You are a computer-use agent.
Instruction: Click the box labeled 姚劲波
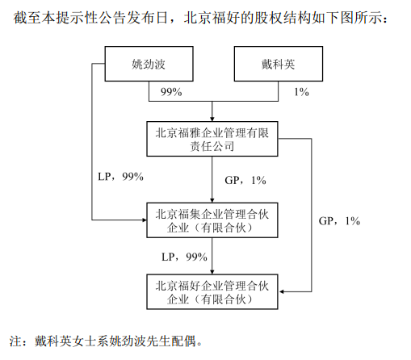tap(149, 64)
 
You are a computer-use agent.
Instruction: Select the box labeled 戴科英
tap(279, 64)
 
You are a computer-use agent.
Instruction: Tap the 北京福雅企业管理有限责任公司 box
tap(212, 139)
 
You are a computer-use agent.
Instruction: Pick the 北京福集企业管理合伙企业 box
tap(212, 220)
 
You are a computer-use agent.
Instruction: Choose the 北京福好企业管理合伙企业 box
tap(212, 292)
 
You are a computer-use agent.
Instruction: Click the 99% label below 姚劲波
tap(171, 92)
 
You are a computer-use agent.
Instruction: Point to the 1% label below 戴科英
tap(301, 92)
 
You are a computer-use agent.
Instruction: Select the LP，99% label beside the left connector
tap(120, 177)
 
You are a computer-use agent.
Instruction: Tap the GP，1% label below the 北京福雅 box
tap(245, 180)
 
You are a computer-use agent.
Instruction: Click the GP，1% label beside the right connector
tap(339, 221)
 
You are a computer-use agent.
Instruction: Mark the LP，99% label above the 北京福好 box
tap(184, 257)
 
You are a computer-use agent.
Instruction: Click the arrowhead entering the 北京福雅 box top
tap(212, 119)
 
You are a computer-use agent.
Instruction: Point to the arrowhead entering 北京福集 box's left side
tap(145, 220)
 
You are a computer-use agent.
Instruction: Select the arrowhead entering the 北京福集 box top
tap(212, 200)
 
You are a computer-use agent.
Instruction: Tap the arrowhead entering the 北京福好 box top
tap(212, 272)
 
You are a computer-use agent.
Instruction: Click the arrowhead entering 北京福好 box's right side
tap(281, 291)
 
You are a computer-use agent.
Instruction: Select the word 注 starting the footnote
tap(15, 341)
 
